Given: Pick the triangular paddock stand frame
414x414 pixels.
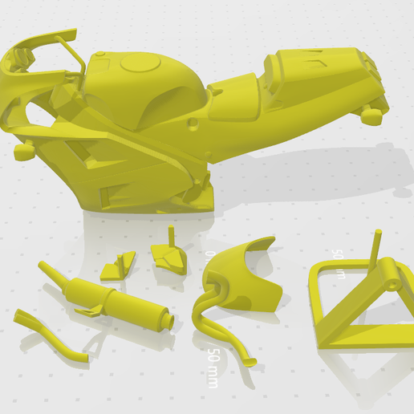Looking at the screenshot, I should [x=353, y=305].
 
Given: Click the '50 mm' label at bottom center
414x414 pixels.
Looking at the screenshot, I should [x=213, y=367].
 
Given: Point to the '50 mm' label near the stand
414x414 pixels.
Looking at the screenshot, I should [x=339, y=264].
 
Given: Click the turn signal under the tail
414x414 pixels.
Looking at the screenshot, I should [x=370, y=117].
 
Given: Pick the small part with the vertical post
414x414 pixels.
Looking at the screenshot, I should [x=171, y=253].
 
